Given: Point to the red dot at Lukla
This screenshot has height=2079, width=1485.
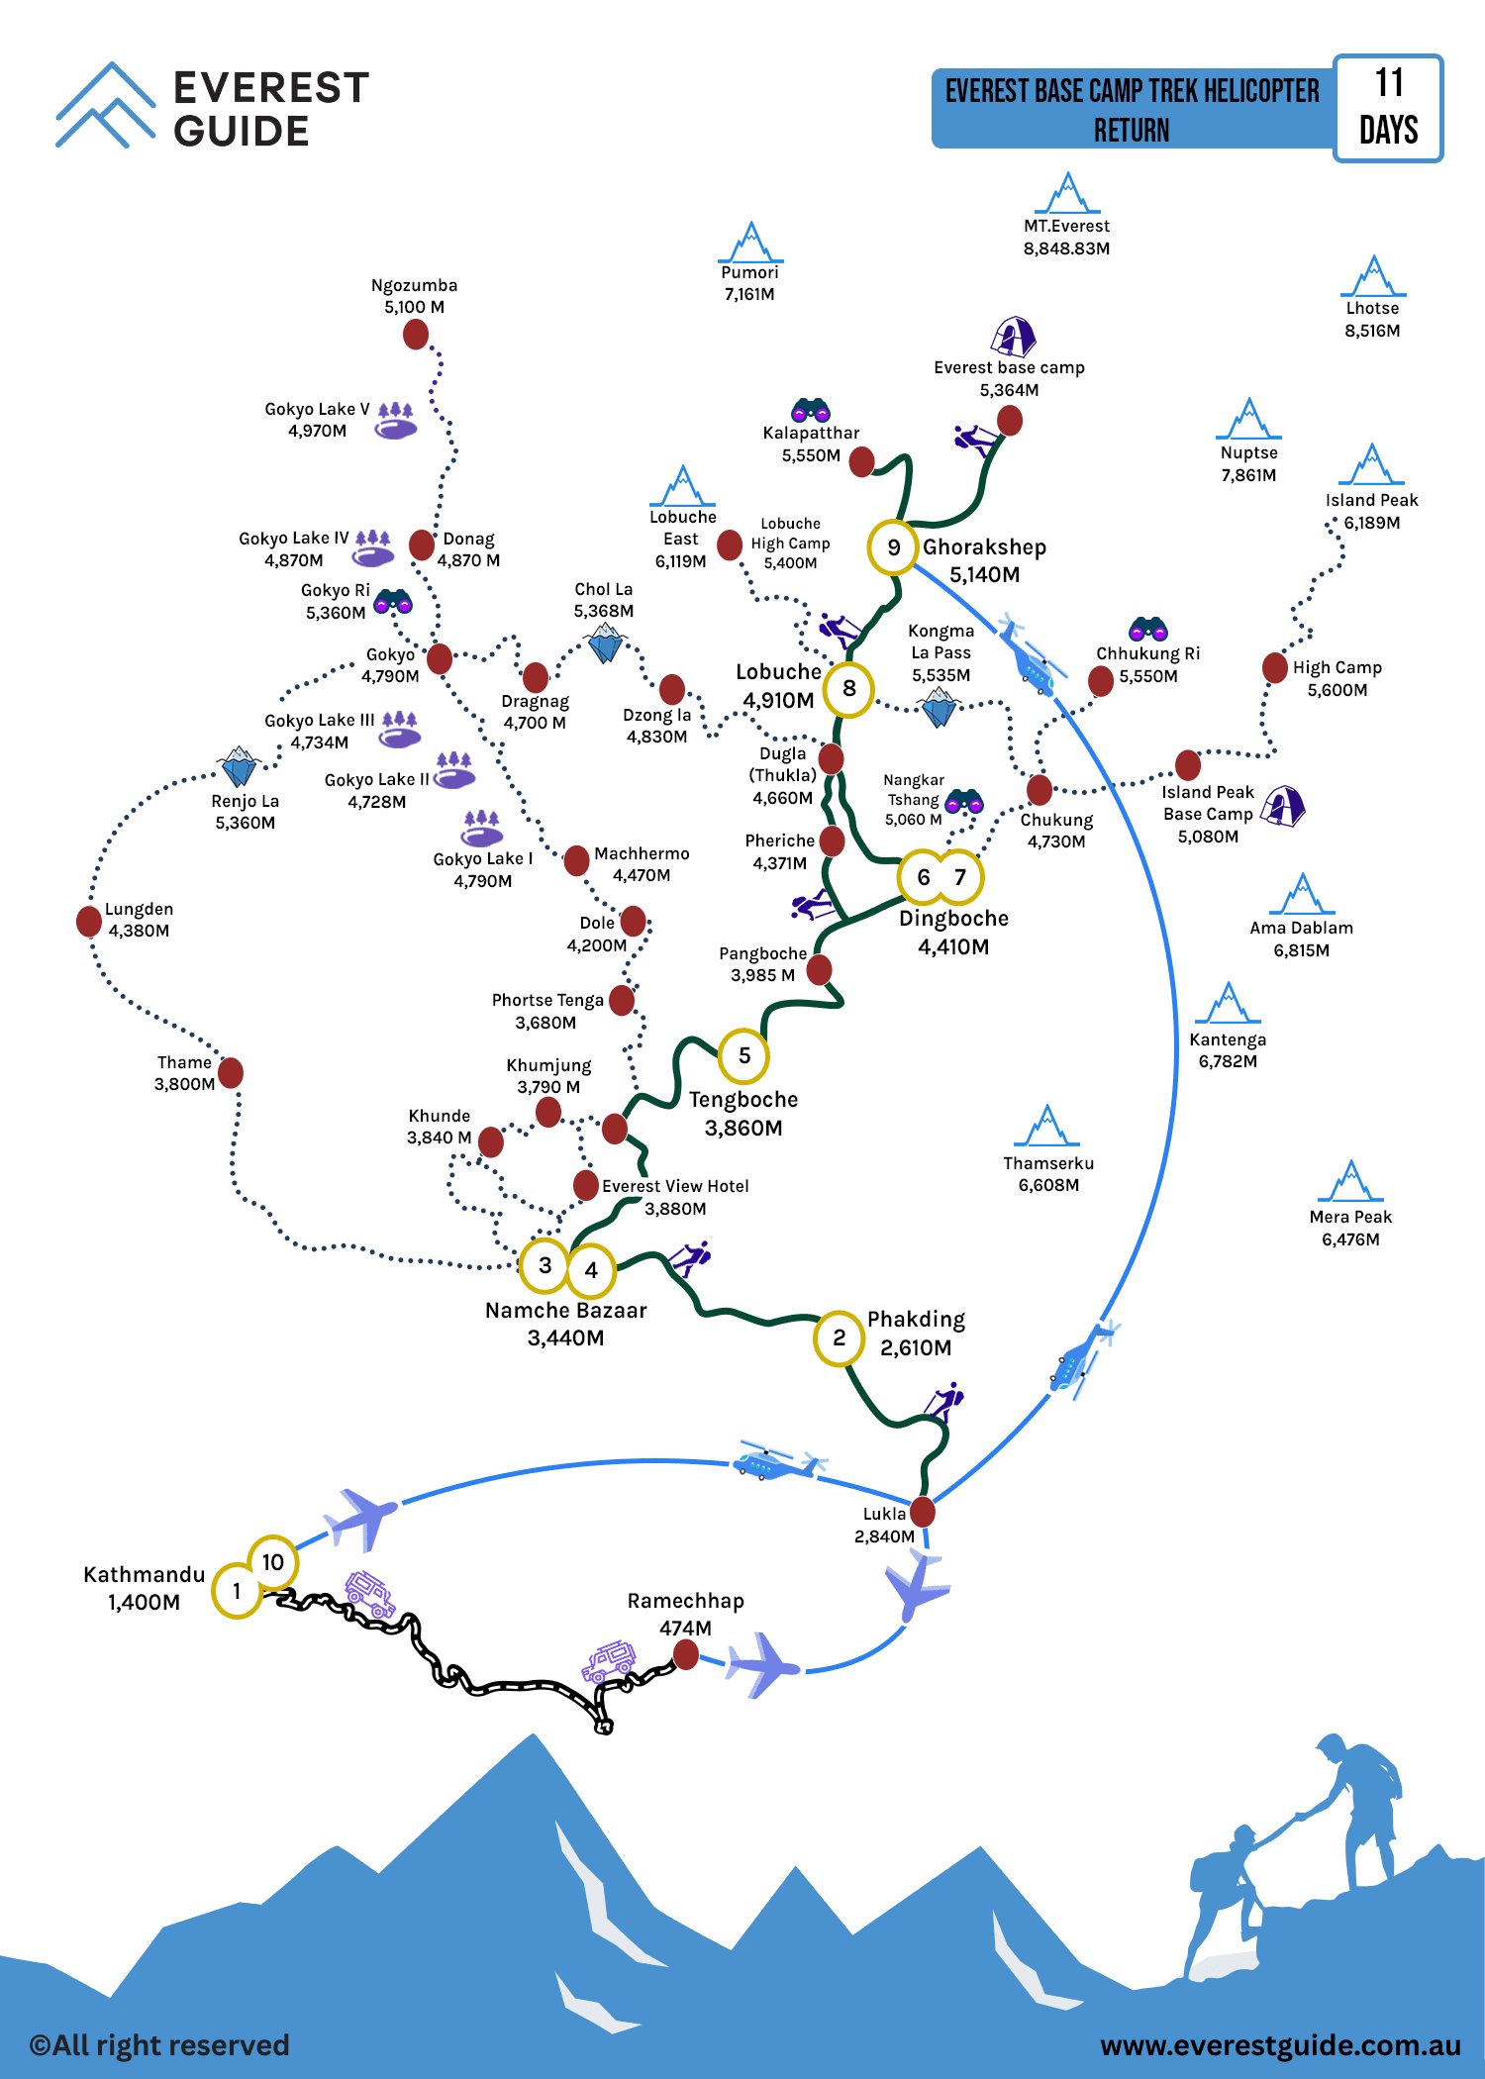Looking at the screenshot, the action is (923, 1512).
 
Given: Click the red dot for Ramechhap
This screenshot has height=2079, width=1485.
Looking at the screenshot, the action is (685, 1653).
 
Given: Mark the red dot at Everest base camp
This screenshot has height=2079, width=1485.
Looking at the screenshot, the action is (1009, 421).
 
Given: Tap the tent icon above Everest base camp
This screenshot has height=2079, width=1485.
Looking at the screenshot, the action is (1013, 337).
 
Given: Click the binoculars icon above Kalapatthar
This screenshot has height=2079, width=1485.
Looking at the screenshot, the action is (810, 409).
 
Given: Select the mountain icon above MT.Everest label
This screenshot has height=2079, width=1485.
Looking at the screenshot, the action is (1067, 193).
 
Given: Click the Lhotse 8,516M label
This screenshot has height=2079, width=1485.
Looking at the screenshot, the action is (1372, 319).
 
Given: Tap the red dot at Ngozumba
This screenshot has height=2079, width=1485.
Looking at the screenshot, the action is (416, 335).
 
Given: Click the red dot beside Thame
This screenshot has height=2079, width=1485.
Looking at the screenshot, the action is (231, 1072).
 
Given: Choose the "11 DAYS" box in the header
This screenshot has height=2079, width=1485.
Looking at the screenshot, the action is (1388, 108).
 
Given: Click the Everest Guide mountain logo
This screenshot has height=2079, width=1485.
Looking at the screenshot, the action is (105, 105).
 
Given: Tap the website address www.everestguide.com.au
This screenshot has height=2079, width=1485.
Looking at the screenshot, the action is (1280, 2045).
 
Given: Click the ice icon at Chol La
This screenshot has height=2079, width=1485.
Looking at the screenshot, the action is (605, 644).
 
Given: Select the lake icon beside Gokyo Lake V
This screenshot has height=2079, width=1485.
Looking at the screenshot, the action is (396, 421).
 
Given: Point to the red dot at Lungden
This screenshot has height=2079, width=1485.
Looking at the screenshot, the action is (89, 921).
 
